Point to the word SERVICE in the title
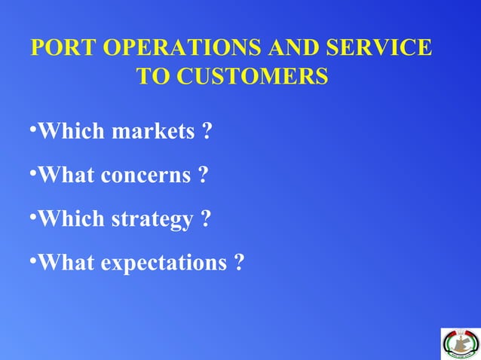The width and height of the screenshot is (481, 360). [x=380, y=48]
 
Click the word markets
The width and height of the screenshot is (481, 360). [x=153, y=133]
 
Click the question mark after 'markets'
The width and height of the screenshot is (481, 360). [x=207, y=133]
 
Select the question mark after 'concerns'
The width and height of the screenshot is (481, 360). [x=203, y=175]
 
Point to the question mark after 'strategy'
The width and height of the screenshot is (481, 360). [x=205, y=219]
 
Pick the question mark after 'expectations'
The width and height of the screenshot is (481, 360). [x=238, y=263]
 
